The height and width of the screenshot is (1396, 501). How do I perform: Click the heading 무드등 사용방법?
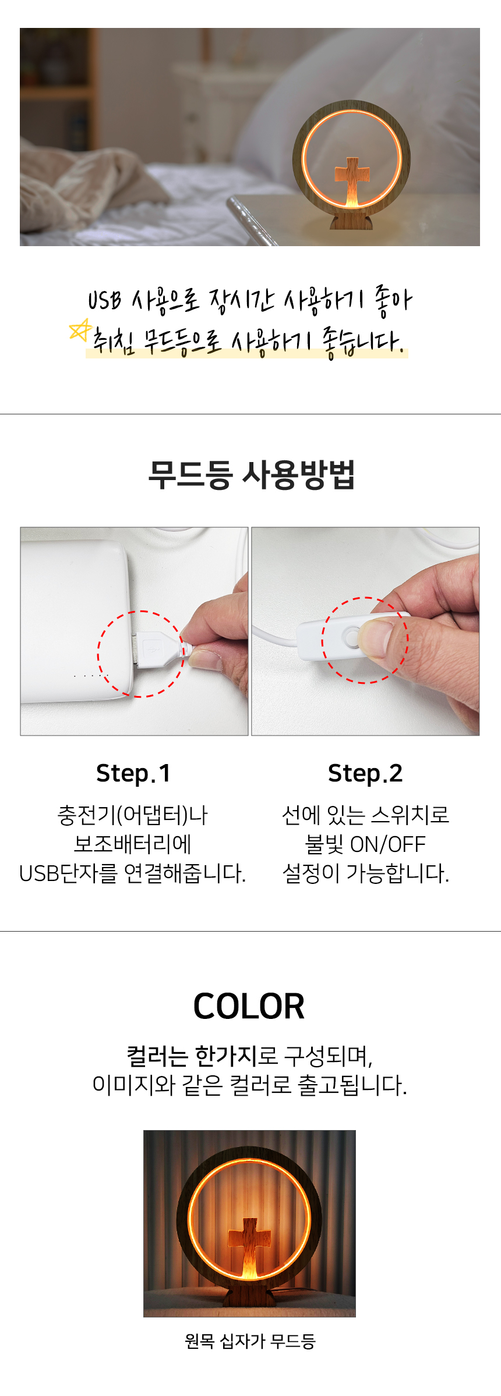pos(251,475)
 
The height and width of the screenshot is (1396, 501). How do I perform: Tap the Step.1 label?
pos(133,773)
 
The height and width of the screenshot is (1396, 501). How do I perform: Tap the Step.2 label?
pos(365,773)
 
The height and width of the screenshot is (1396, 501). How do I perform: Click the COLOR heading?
pos(249,1006)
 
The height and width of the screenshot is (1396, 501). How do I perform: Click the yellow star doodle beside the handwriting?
pos(80,331)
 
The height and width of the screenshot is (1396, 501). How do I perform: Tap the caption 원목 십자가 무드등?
pos(250,1341)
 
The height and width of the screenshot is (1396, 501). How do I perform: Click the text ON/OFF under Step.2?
pos(387,844)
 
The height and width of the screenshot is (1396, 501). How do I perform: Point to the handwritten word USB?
pos(105,300)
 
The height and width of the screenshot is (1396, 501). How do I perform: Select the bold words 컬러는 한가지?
pos(192,1055)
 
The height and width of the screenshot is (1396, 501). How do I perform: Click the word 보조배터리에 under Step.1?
pos(133,844)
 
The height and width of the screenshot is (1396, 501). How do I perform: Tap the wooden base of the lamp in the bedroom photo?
pos(351,221)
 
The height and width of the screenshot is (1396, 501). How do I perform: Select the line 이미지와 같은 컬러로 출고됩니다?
pos(250,1085)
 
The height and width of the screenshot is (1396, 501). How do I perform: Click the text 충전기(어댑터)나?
pos(133,815)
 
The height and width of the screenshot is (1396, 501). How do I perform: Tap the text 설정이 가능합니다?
pos(366,873)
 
